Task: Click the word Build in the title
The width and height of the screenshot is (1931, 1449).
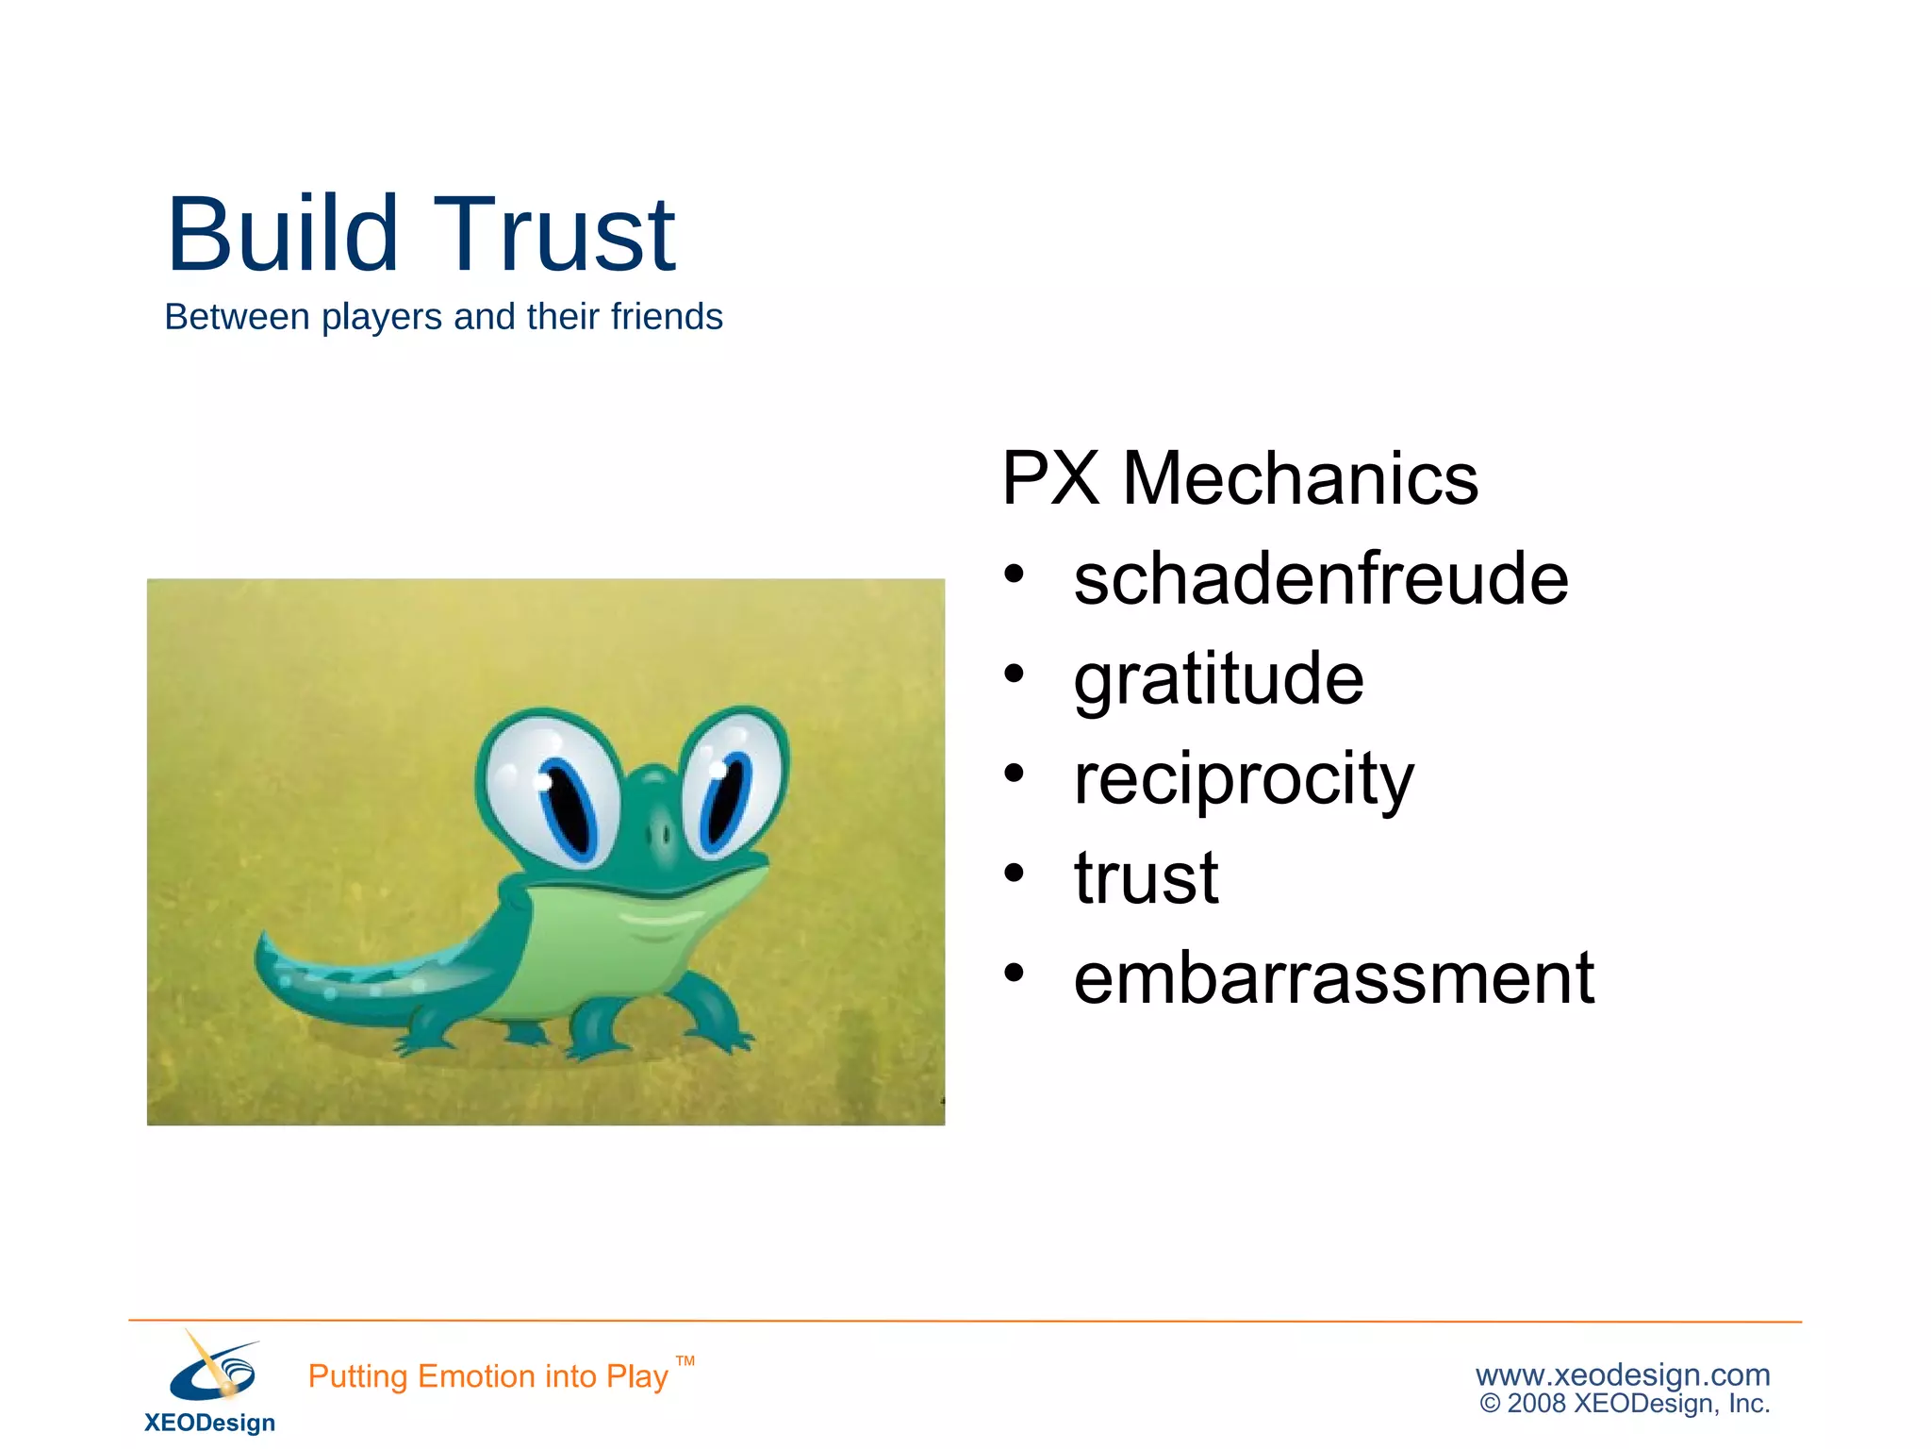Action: pos(282,234)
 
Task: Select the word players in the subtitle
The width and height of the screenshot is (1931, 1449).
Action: pos(381,318)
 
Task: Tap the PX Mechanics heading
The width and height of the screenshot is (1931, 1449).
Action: pos(1239,478)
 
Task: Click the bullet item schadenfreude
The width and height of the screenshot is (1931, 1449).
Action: pos(1320,578)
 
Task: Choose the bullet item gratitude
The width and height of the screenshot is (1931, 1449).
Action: pos(1218,679)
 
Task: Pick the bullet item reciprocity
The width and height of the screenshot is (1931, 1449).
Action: pos(1243,779)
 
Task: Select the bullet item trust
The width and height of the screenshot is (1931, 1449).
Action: pos(1146,878)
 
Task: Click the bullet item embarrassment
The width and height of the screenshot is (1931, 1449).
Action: pos(1333,978)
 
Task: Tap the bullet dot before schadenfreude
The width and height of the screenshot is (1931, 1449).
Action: pos(1014,574)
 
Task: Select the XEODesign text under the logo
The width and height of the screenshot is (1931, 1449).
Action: pos(209,1423)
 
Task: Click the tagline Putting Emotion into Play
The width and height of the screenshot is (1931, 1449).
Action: pos(487,1376)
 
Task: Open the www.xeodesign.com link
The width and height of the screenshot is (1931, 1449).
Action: pos(1623,1374)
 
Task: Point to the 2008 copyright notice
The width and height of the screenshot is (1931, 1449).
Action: pos(1625,1404)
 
